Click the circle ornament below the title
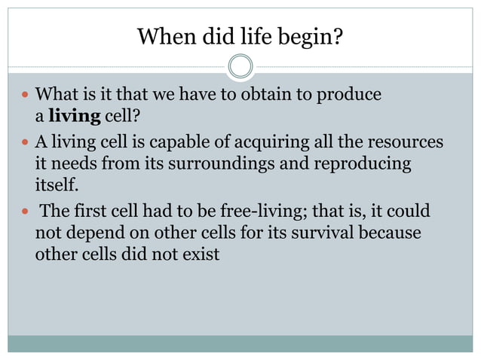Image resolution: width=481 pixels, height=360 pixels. pyautogui.click(x=240, y=66)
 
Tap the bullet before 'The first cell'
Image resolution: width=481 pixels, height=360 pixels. pyautogui.click(x=25, y=212)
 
